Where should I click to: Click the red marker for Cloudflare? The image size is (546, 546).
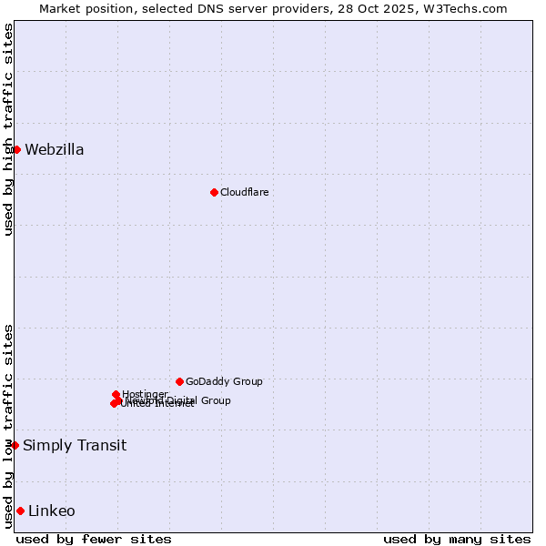214,192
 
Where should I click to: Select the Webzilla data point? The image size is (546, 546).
16,149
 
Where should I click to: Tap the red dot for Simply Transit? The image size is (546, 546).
15,445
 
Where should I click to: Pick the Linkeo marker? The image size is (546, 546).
20,511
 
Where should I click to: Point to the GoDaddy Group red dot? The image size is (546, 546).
179,381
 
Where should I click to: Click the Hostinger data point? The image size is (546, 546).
116,394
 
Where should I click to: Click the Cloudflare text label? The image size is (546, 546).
245,192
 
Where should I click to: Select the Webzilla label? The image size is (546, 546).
55,150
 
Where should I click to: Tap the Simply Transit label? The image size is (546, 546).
75,445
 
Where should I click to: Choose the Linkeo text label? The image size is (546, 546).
52,511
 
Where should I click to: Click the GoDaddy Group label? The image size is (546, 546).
224,381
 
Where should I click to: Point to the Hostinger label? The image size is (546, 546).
145,394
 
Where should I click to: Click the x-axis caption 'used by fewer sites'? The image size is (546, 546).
94,539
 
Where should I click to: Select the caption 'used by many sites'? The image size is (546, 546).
457,539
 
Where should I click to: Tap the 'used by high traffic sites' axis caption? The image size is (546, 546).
8,129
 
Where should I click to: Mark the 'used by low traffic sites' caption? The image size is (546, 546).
8,426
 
